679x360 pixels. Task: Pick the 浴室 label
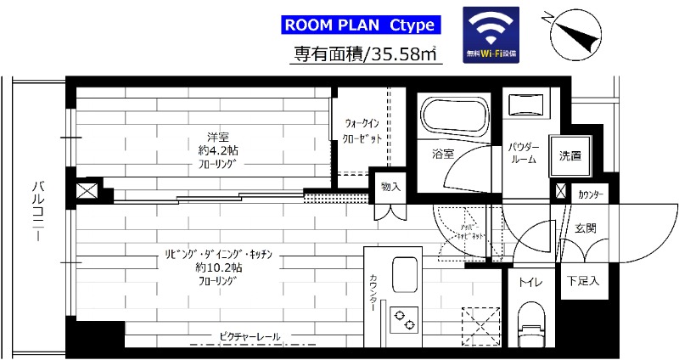click(443, 155)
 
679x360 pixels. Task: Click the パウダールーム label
click(523, 153)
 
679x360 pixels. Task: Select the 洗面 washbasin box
click(570, 156)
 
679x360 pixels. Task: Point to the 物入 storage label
click(391, 187)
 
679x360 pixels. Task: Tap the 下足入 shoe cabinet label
click(582, 281)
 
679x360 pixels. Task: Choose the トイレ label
click(532, 281)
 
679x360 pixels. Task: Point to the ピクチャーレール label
click(250, 337)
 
